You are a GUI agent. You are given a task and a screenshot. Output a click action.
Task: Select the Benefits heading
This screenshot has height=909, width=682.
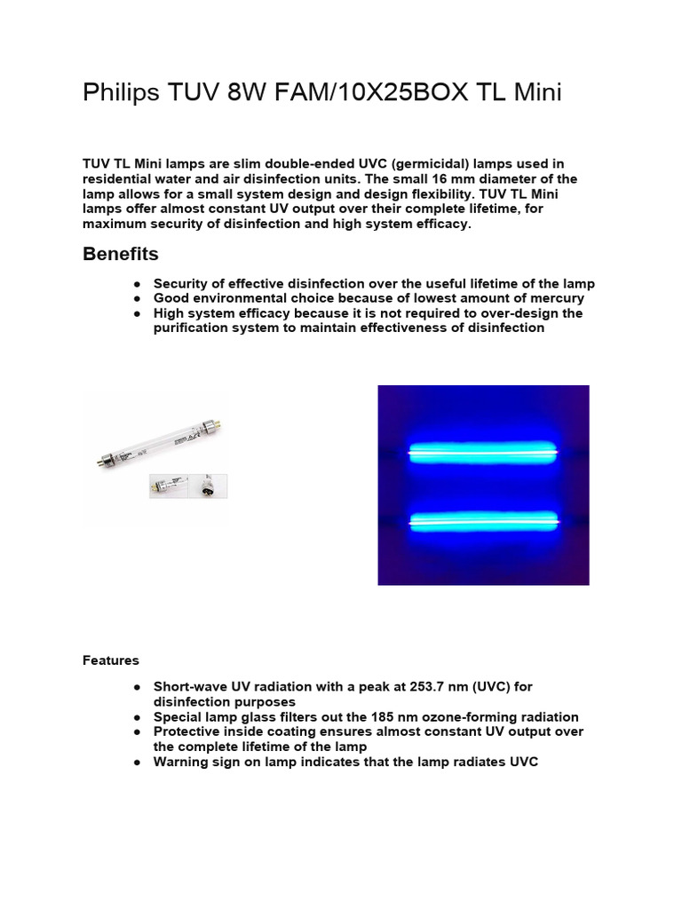pos(121,254)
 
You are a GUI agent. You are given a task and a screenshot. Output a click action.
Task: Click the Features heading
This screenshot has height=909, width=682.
pos(111,660)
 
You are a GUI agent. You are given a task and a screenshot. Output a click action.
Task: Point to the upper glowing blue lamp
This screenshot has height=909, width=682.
pos(483,453)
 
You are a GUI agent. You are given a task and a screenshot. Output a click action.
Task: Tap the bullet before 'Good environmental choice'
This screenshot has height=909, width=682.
pos(138,299)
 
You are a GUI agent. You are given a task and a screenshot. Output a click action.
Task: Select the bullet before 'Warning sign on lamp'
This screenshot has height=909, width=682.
pos(138,762)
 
